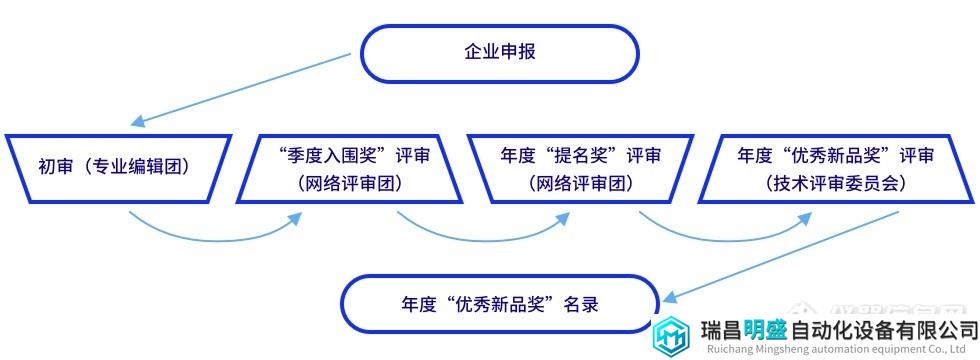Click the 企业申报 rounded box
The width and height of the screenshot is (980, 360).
tap(500, 53)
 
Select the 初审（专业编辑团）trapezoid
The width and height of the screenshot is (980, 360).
tap(119, 168)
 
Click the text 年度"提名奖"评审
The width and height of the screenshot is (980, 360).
tap(581, 155)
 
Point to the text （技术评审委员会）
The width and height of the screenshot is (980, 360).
tap(835, 183)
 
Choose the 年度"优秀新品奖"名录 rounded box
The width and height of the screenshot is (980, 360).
tap(500, 304)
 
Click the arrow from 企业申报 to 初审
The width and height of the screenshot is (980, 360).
tap(241, 89)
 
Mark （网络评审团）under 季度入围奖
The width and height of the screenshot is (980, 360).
tap(350, 183)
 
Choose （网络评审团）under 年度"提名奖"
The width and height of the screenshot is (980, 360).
tap(581, 183)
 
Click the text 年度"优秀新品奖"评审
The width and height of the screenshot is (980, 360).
tap(836, 155)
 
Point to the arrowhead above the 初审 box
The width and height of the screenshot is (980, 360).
tap(137, 121)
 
